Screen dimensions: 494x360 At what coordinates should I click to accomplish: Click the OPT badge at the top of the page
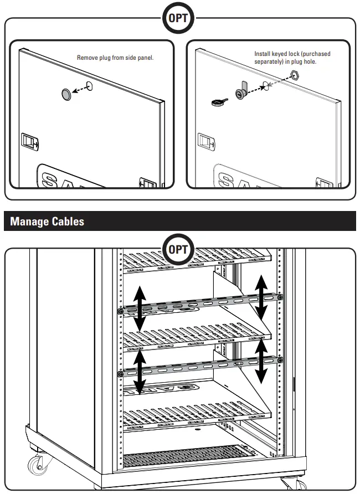(x=178, y=18)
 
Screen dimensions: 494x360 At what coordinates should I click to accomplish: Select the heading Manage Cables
(x=47, y=222)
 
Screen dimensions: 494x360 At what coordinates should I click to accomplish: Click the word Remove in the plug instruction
(x=87, y=58)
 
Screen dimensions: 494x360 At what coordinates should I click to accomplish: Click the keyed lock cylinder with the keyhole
(x=242, y=91)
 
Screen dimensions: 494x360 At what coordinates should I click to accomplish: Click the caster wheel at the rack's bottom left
(x=38, y=462)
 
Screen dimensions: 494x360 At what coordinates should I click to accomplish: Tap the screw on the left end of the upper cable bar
(x=120, y=312)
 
